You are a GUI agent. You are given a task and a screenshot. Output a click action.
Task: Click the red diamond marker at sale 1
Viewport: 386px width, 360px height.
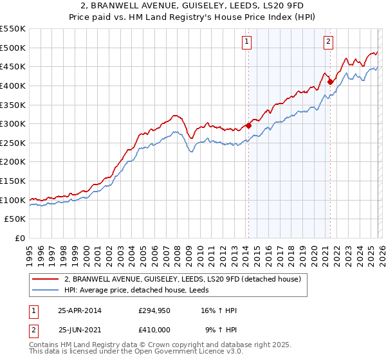(248, 126)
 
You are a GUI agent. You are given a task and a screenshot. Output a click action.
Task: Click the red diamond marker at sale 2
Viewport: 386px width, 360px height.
(330, 82)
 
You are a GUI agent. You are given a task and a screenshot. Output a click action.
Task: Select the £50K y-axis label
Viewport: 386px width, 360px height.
(15, 219)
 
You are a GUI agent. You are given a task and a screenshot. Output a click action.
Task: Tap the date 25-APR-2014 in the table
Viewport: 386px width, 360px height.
(80, 310)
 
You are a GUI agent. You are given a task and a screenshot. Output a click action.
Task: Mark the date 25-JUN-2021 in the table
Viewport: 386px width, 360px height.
(80, 330)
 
